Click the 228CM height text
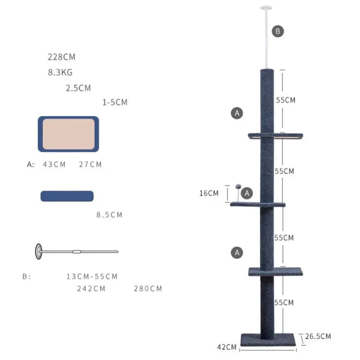pos(62,57)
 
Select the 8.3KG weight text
pos(60,72)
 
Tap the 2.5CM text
pos(78,88)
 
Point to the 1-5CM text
pos(115,103)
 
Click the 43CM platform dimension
pos(54,164)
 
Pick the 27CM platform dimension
pos(90,164)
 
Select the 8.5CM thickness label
pos(109,215)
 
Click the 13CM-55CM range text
pos(92,276)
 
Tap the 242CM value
pos(91,288)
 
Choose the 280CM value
pos(148,288)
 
